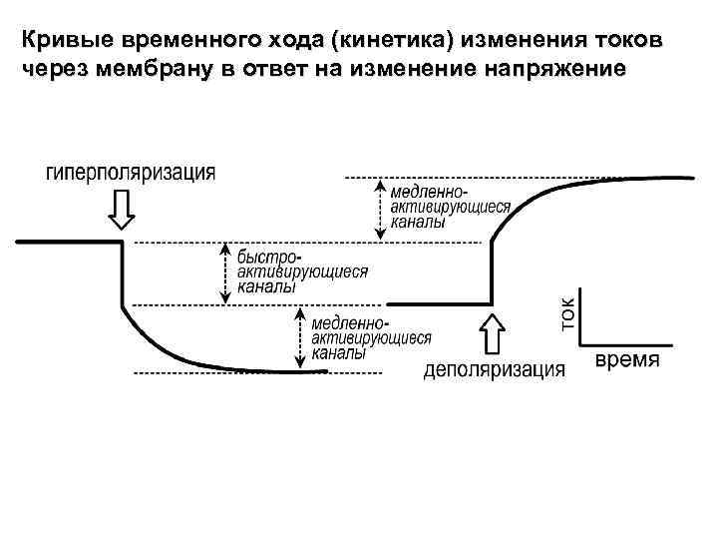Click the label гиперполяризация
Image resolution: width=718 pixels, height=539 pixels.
click(130, 173)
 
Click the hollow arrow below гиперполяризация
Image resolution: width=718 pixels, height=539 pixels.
click(123, 209)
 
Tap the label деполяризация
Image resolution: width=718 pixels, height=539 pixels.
click(494, 369)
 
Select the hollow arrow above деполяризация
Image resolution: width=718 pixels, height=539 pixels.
click(494, 333)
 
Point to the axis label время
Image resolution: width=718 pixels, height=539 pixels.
click(627, 360)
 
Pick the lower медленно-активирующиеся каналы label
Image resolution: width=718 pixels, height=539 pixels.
click(371, 337)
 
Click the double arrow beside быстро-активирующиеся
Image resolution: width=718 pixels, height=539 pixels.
click(226, 271)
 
